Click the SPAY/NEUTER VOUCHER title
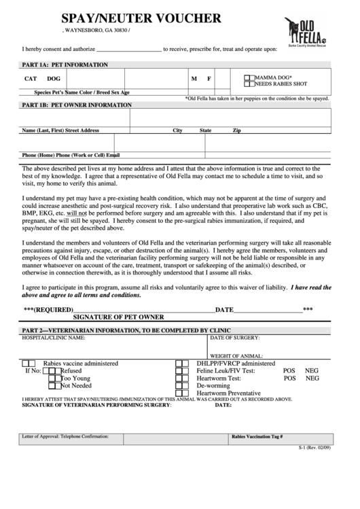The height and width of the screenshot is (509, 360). pos(141,18)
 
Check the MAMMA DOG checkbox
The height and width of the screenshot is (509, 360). pos(250,78)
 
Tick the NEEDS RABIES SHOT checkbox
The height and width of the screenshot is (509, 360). pos(250,84)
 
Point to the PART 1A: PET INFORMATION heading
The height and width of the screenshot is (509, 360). pos(65,65)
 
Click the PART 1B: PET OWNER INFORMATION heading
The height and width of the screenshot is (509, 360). pos(77,105)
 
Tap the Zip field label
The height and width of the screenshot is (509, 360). pos(255,130)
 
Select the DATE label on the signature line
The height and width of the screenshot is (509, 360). pos(224,310)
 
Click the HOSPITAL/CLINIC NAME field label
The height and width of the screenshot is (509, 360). pos(54,337)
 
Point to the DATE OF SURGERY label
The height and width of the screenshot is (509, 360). pos(235,337)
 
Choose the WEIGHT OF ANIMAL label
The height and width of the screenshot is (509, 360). pos(236,355)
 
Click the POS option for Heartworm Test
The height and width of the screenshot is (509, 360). pos(289,379)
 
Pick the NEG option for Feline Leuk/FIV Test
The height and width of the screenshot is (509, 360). pos(312,371)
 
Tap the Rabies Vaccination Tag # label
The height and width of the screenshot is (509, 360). pos(257,437)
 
